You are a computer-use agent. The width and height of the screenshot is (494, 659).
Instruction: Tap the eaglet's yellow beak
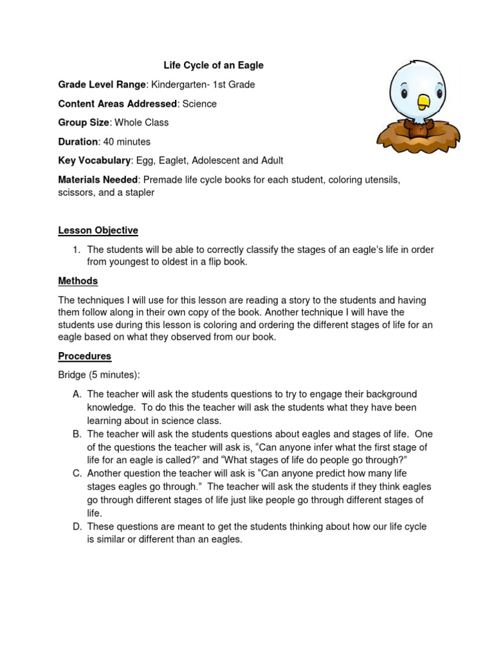coord(423,102)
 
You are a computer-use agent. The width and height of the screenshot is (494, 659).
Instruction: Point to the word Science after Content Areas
coord(199,104)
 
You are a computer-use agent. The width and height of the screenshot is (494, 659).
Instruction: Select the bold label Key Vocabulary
coord(95,160)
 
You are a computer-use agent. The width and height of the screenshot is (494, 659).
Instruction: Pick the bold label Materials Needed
coord(98,180)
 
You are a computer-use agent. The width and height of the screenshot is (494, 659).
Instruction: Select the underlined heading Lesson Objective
coord(98,230)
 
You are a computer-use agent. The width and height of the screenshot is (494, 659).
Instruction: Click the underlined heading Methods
coord(78,281)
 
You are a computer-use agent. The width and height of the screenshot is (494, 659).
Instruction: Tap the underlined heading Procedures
coord(85,356)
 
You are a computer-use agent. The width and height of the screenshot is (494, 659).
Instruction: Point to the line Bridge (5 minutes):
coord(99,375)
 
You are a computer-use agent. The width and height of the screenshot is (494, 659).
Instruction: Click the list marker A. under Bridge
coord(77,394)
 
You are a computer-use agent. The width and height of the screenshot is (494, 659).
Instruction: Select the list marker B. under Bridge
coord(77,434)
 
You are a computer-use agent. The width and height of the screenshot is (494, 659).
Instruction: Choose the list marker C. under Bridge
coord(77,474)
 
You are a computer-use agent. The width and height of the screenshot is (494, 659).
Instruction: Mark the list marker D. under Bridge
coord(77,527)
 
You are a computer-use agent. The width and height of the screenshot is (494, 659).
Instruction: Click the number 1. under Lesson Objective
coord(76,250)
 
